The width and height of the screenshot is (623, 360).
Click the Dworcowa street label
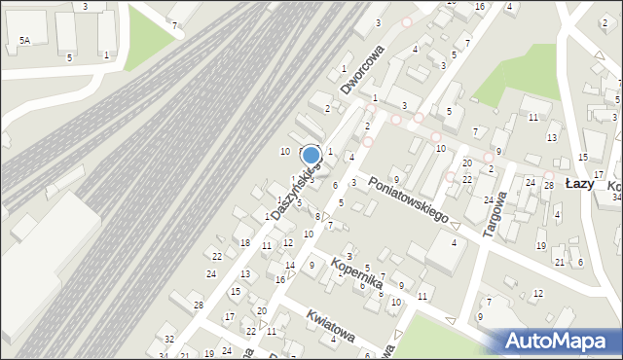362,69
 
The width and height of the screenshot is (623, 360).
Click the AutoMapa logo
560,341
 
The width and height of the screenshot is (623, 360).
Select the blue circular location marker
311,156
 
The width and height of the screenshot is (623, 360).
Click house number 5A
24,40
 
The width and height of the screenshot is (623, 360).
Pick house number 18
245,242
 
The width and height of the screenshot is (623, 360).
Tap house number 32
168,339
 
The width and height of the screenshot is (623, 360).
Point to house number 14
290,265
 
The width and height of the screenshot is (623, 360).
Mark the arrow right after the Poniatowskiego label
457,226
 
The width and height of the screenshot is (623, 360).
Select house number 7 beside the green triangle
174,23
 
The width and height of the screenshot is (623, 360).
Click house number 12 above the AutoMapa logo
537,293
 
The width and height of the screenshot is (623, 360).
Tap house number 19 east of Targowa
540,245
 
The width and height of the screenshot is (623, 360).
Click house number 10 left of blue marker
285,151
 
